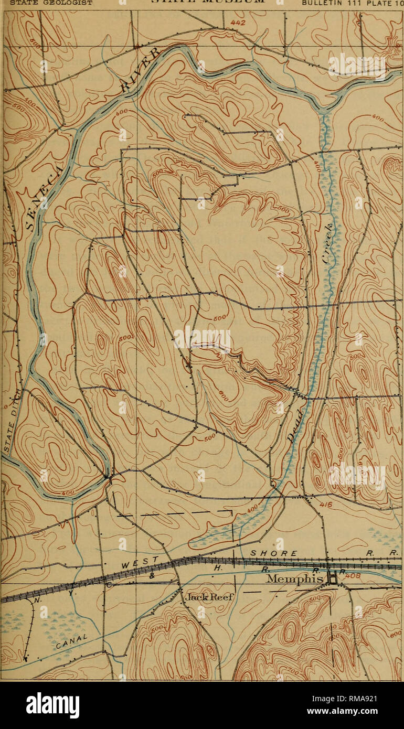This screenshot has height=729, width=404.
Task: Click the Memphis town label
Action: click(296, 580)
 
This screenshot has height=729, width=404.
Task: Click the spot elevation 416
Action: click(326, 505)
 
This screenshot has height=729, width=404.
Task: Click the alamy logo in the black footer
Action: click(52, 705)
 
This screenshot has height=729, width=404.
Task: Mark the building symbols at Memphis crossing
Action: click(332, 578)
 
